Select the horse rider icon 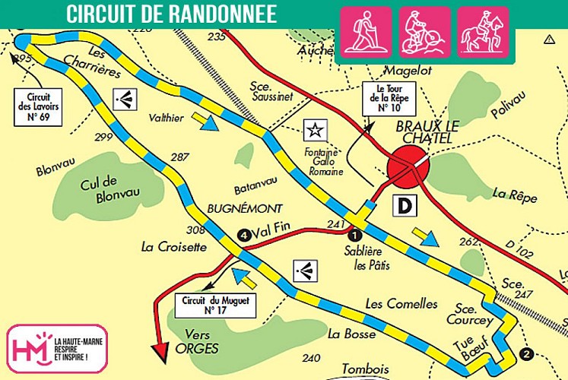484,31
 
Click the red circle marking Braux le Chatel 408,169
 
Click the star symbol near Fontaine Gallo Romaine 313,130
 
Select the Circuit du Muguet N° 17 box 216,305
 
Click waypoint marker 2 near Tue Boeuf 527,353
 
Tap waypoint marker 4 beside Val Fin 243,235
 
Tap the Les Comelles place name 401,304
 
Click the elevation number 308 195,230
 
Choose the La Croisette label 173,246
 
